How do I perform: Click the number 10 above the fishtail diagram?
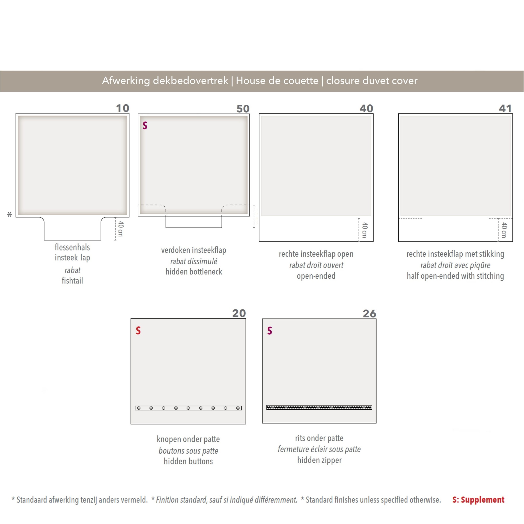point(123,108)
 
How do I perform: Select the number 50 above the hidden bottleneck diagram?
point(243,109)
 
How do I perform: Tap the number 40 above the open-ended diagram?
point(366,108)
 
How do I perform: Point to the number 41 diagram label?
point(505,108)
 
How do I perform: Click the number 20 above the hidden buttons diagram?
point(239,313)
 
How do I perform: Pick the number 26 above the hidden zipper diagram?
point(369,313)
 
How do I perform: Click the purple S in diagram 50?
point(145,125)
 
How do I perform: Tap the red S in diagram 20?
point(138,331)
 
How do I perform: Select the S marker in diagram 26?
point(270,331)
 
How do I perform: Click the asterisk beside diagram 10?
point(9,214)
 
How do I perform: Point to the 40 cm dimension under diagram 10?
point(121,229)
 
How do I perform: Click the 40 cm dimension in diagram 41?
point(504,230)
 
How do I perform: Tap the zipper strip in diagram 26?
point(319,407)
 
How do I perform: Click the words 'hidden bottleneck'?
point(194,271)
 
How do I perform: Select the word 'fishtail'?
point(72,280)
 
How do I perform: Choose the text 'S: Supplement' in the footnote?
point(478,500)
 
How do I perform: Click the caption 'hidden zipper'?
point(319,460)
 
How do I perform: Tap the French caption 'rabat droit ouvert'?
point(316,265)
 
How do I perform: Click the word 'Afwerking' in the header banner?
point(126,81)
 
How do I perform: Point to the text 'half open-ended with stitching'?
point(455,276)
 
